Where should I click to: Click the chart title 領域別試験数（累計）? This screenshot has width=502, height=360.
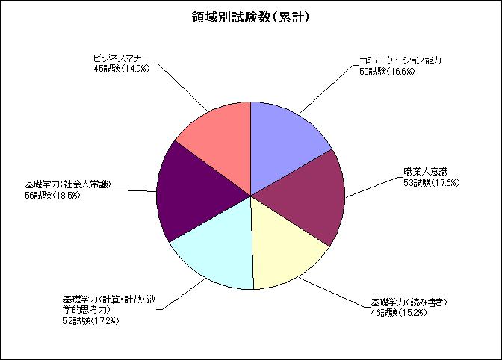pyautogui.click(x=251, y=18)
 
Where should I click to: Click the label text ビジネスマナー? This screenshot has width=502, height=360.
pyautogui.click(x=121, y=58)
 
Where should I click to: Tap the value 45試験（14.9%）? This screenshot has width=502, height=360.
pyautogui.click(x=122, y=69)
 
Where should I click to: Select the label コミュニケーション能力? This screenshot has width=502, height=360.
pyautogui.click(x=400, y=60)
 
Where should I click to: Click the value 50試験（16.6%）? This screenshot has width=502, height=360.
pyautogui.click(x=387, y=72)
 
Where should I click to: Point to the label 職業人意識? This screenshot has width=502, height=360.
pyautogui.click(x=426, y=172)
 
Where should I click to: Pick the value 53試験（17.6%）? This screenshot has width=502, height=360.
pyautogui.click(x=432, y=183)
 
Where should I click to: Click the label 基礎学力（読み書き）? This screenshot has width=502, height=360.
pyautogui.click(x=409, y=302)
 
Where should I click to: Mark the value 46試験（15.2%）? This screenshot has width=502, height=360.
pyautogui.click(x=399, y=313)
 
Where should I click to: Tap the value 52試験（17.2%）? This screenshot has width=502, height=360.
pyautogui.click(x=91, y=320)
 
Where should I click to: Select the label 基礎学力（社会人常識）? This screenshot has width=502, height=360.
pyautogui.click(x=68, y=184)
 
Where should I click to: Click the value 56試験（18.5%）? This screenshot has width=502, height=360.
pyautogui.click(x=52, y=195)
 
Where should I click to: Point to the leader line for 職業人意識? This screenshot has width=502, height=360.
pyautogui.click(x=374, y=187)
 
